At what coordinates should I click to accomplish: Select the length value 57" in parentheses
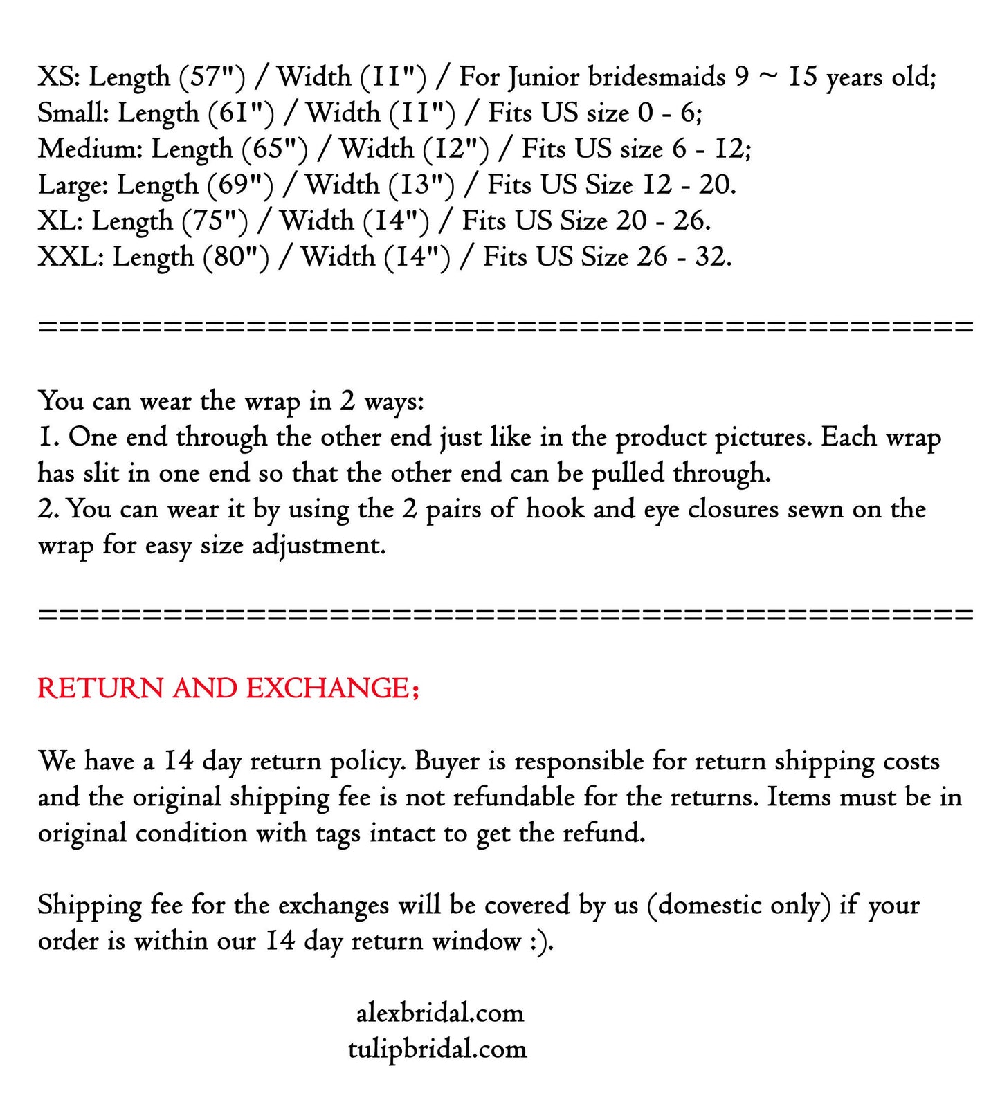click(212, 77)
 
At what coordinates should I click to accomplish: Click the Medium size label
click(90, 149)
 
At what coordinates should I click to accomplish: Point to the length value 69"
click(240, 185)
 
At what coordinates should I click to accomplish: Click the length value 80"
click(236, 257)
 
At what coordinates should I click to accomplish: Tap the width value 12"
click(456, 149)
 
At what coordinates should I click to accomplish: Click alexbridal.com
click(440, 1014)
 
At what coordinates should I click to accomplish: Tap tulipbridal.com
click(437, 1049)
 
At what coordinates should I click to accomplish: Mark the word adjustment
click(318, 546)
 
